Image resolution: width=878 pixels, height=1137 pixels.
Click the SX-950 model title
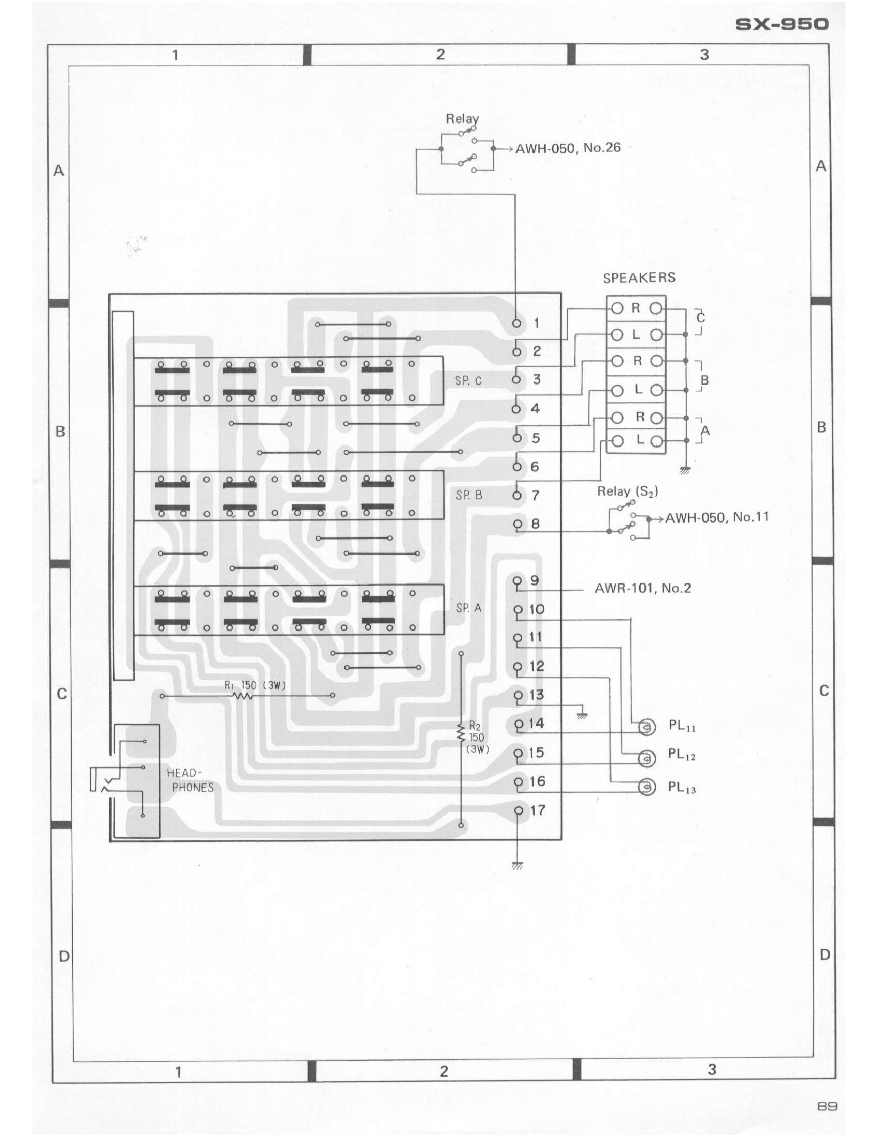[782, 24]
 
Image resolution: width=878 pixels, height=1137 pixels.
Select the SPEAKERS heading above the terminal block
[639, 278]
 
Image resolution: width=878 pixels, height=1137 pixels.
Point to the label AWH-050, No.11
[717, 517]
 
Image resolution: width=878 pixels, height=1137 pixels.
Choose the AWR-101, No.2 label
[642, 589]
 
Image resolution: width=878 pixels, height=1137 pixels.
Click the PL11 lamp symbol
[646, 727]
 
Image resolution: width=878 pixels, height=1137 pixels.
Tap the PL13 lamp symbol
[646, 787]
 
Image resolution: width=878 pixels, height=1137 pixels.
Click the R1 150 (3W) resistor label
[255, 686]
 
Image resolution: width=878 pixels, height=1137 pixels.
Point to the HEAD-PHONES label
[192, 780]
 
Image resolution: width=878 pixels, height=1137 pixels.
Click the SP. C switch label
[468, 381]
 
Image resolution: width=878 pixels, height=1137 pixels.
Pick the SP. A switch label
[468, 608]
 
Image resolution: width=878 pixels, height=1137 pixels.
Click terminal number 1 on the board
[536, 324]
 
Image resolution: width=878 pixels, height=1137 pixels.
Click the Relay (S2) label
[627, 491]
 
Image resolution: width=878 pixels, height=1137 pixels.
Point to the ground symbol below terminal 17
[518, 865]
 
